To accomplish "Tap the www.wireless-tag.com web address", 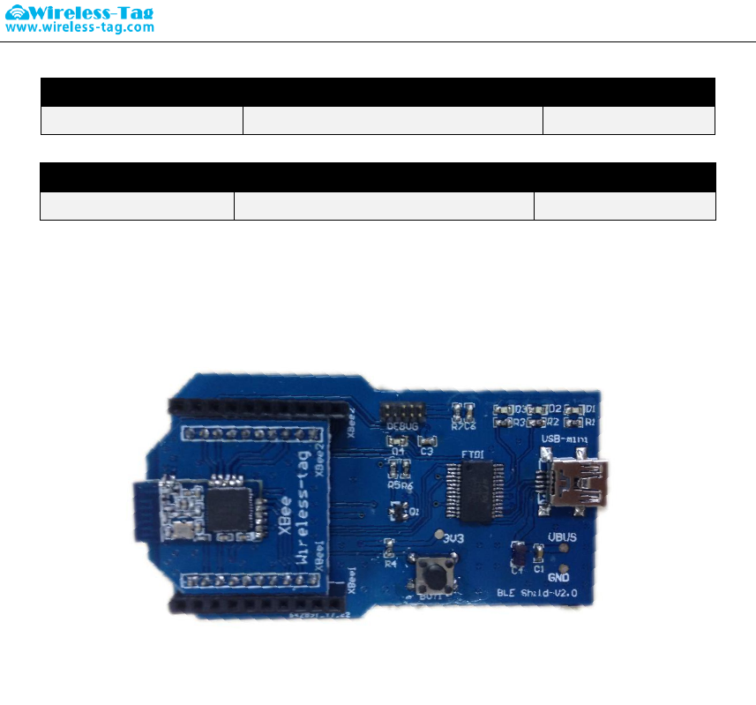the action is pos(80,27).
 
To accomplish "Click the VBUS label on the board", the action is pos(562,536).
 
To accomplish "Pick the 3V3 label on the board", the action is pos(454,538).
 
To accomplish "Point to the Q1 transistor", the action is pos(396,511).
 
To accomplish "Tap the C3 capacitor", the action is pos(427,439).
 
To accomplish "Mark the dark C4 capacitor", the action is pos(518,554).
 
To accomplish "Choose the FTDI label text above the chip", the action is pos(472,454).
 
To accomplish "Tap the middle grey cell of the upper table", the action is pos(393,121).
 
